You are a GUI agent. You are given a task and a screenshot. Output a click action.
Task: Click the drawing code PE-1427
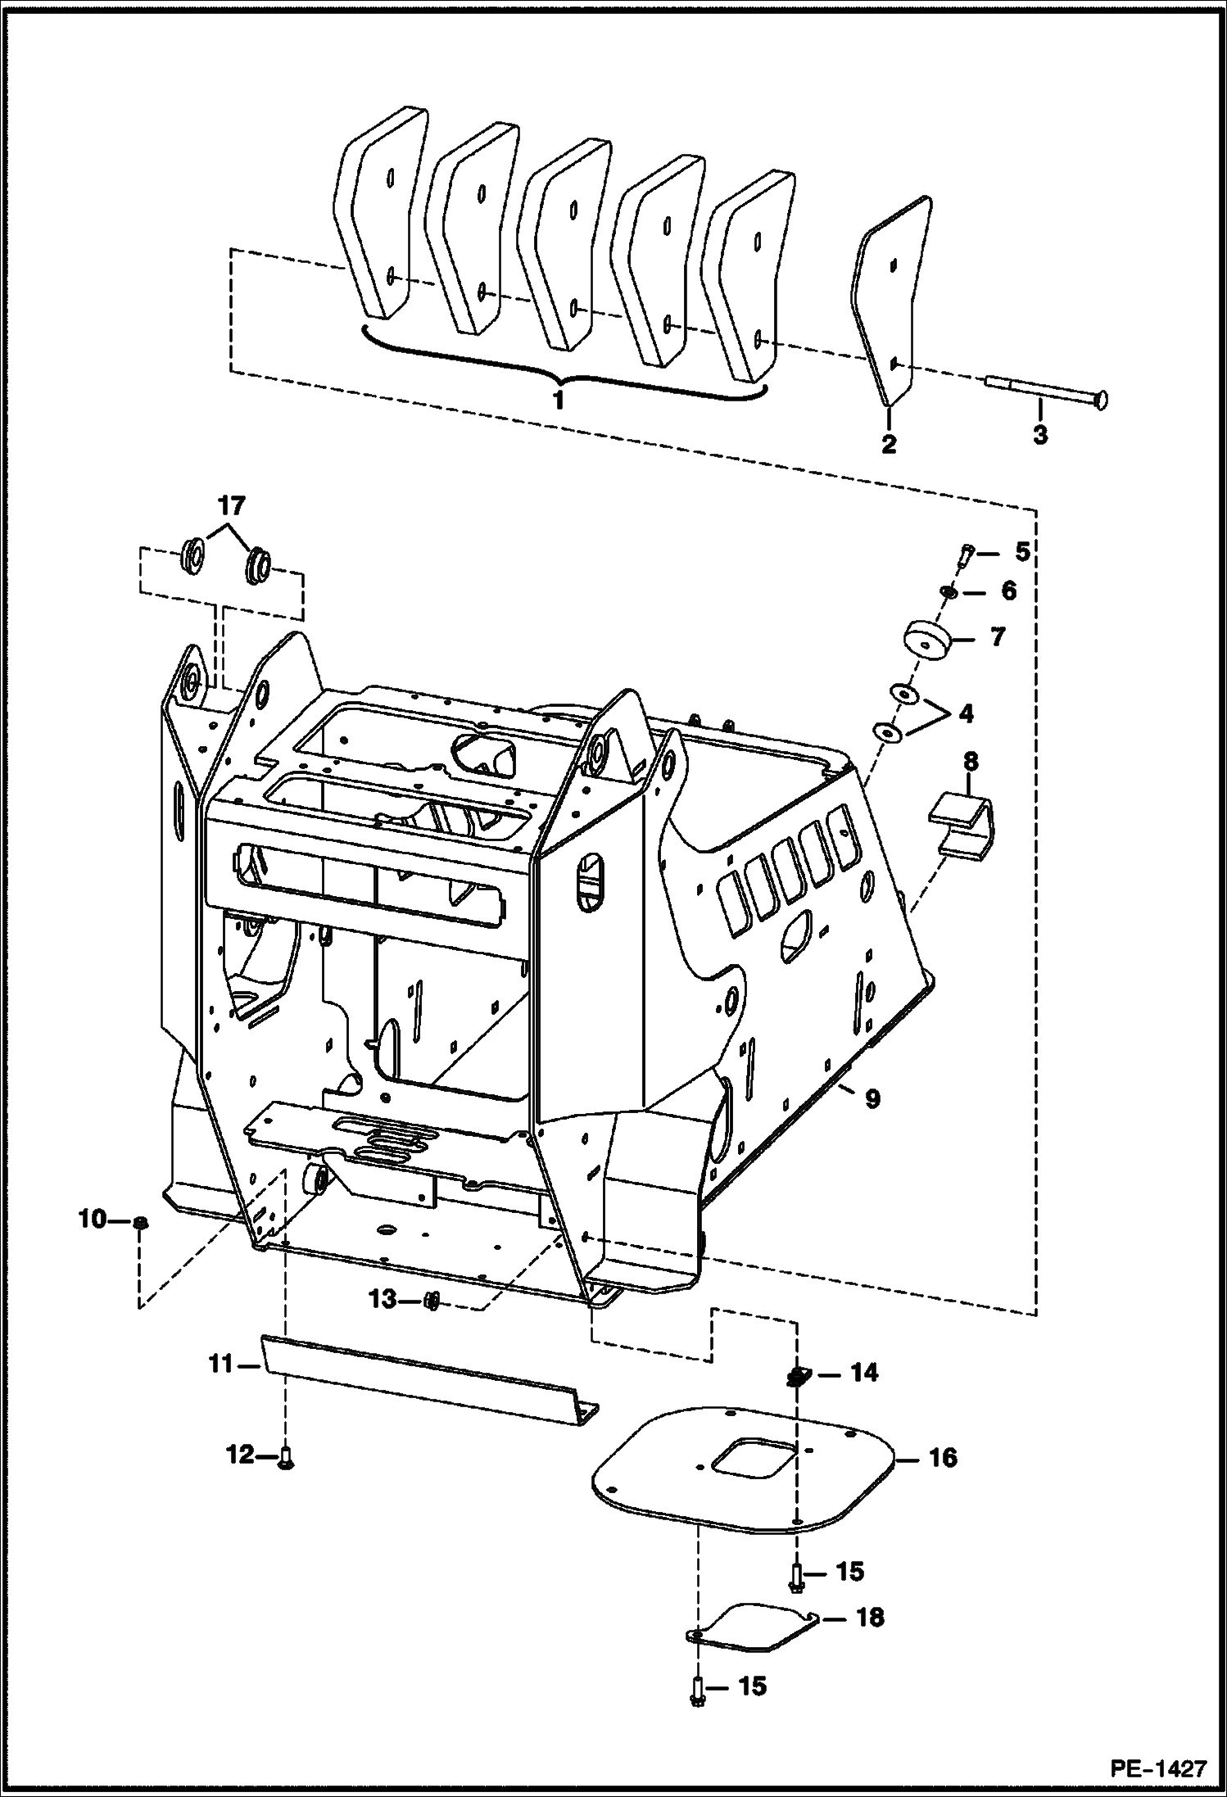[1158, 1768]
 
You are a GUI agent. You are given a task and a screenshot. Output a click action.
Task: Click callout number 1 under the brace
[559, 403]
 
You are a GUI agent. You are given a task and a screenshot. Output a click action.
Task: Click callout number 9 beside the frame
[872, 1098]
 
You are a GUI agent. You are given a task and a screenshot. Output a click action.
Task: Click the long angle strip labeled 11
[426, 1382]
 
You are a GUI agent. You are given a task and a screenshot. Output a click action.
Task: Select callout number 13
[382, 1300]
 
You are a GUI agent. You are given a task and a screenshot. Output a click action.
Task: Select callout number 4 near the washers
[966, 713]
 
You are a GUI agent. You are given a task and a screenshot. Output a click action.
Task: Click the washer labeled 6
[949, 592]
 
